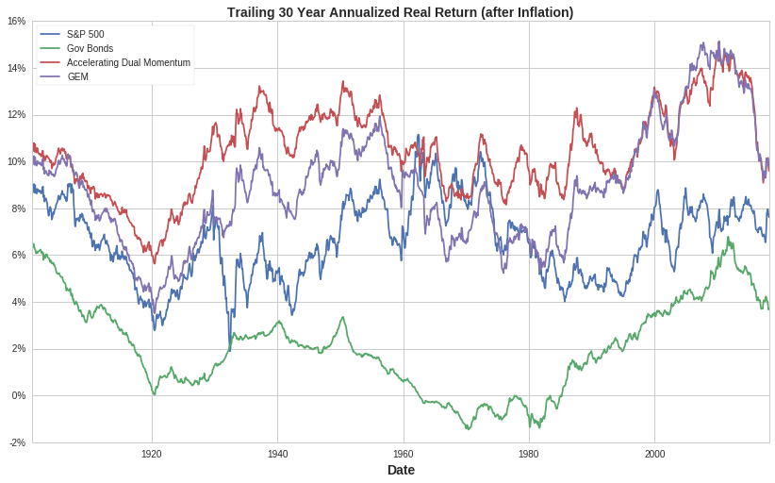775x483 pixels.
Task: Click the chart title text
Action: (400, 12)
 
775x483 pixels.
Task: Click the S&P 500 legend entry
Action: (85, 34)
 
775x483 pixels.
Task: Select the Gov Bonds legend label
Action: (90, 48)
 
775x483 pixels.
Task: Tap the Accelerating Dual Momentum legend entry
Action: (128, 62)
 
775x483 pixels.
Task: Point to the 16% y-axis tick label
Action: (17, 21)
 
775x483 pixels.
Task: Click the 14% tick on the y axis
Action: (17, 68)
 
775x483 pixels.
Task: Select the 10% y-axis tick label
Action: (17, 161)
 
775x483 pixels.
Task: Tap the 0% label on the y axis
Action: (19, 395)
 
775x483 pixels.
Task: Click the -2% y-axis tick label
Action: (17, 442)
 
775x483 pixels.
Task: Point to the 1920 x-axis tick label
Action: (152, 454)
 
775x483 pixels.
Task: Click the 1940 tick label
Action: (277, 454)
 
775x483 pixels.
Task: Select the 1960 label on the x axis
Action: (404, 454)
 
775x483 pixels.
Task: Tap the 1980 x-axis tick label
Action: (529, 454)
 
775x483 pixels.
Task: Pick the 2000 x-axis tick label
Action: (654, 454)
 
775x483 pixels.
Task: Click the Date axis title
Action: (401, 470)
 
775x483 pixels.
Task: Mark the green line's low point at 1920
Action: (154, 393)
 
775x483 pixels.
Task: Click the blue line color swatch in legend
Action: (50, 34)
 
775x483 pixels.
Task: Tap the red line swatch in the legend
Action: (50, 62)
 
